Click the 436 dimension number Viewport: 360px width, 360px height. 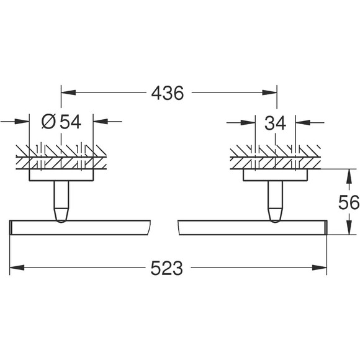[x=168, y=93]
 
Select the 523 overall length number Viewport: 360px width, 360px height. [x=167, y=268]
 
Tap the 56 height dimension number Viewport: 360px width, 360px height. [x=349, y=202]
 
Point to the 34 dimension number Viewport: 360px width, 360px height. [x=276, y=123]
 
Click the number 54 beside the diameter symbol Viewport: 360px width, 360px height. [x=70, y=122]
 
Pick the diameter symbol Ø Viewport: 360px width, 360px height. [x=48, y=122]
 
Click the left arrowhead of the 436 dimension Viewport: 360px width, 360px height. [x=68, y=92]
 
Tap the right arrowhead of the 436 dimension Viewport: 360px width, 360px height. [x=270, y=92]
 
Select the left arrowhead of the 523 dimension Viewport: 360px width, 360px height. [x=17, y=268]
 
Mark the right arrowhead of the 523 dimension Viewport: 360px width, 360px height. [x=320, y=268]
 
